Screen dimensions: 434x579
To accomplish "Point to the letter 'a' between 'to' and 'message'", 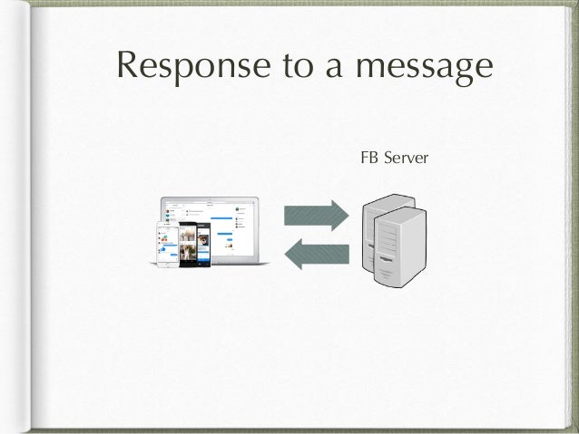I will pos(313,71).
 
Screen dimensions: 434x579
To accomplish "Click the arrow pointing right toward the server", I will pos(316,216).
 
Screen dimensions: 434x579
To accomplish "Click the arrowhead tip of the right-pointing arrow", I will pos(346,216).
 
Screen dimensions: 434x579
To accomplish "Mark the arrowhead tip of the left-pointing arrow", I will pos(286,252).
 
